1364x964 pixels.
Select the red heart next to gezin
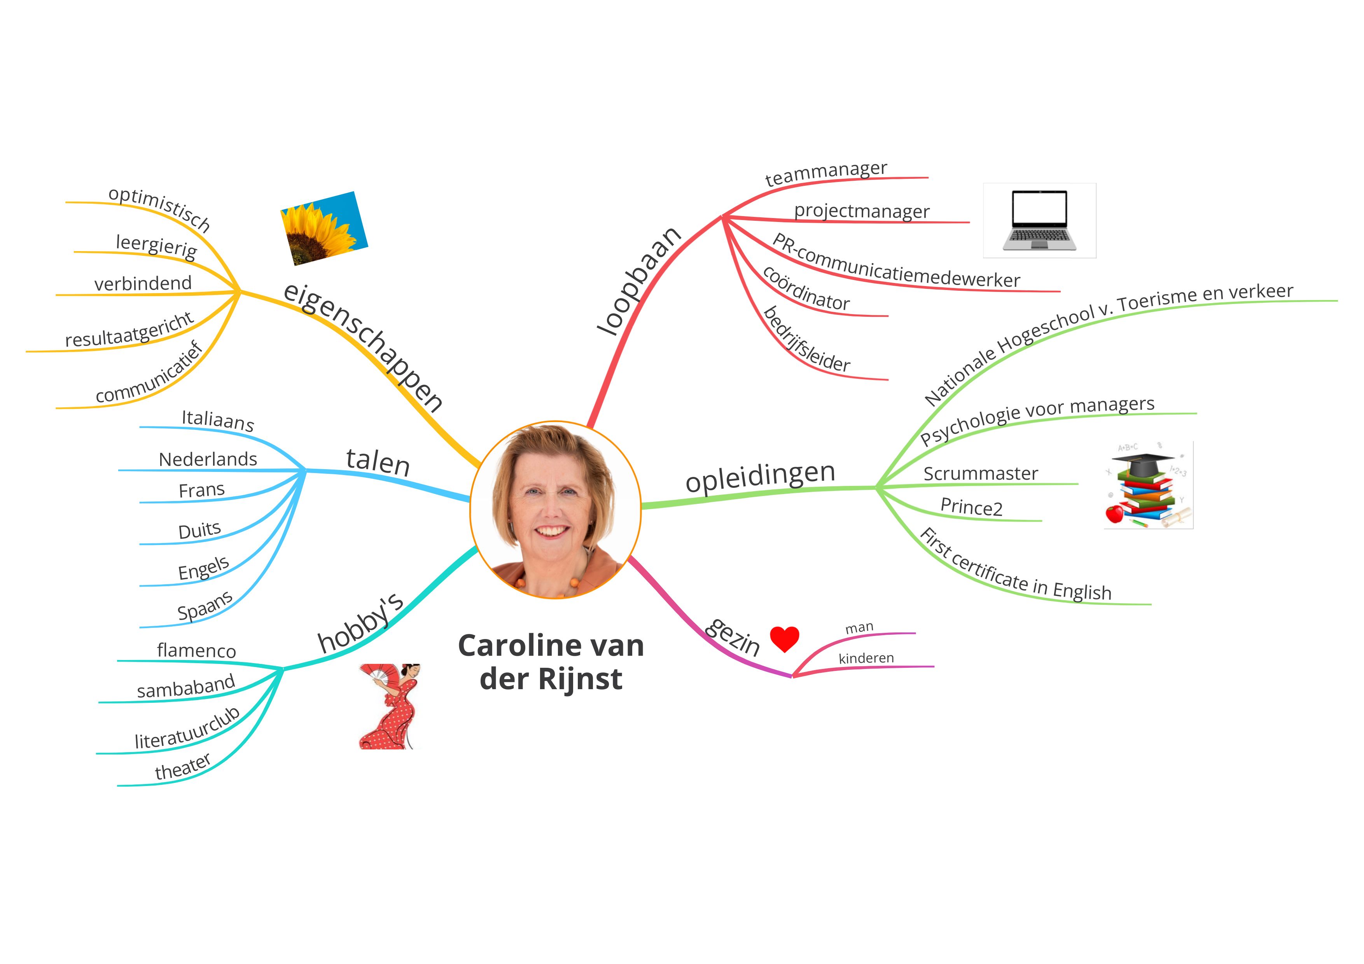784,639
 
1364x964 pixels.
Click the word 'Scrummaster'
980,473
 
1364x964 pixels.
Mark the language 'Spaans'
205,606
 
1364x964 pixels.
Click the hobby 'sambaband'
186,686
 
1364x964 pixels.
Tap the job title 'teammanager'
826,173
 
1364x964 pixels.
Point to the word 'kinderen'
866,658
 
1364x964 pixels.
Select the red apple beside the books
1114,513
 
